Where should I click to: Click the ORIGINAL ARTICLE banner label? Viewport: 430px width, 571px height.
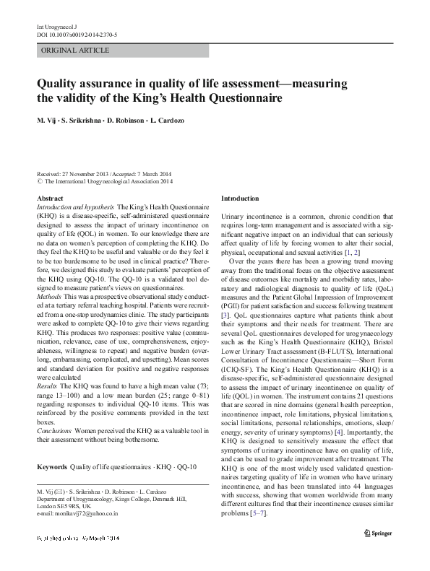tap(75, 50)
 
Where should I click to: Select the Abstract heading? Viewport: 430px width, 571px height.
tap(49, 198)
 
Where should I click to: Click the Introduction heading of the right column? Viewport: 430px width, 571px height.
tap(239, 198)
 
